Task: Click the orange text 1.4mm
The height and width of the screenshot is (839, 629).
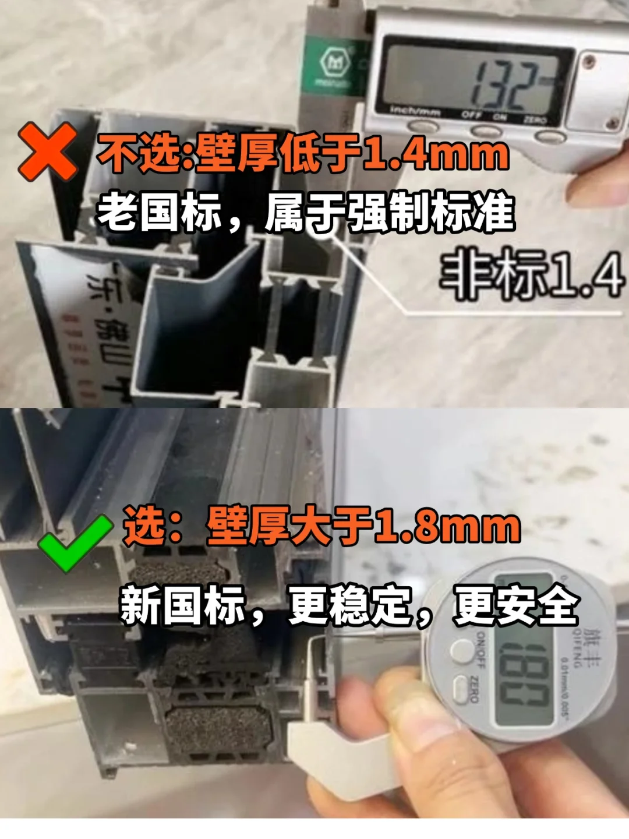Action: point(437,154)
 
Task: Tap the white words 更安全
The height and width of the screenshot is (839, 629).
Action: point(516,606)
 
